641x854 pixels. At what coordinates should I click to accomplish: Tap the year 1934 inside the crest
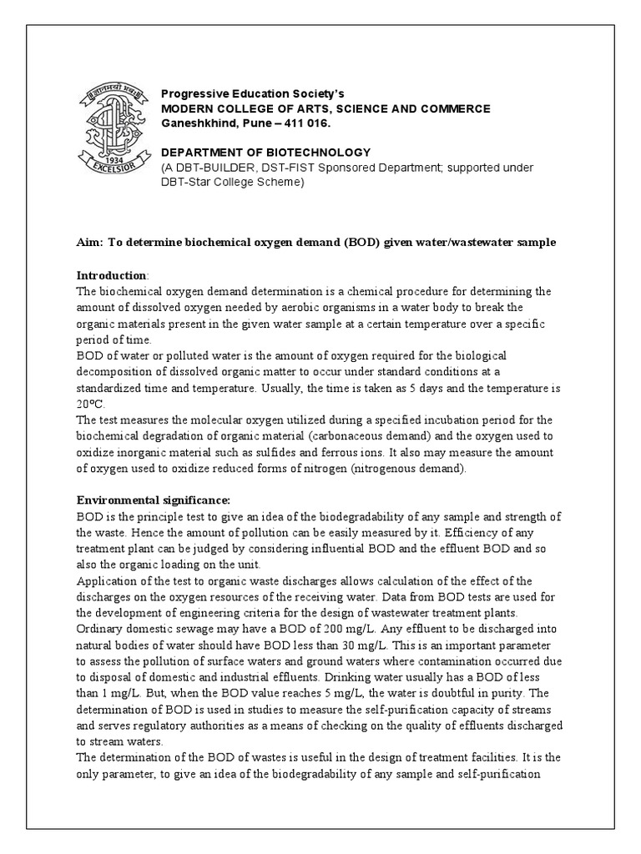110,159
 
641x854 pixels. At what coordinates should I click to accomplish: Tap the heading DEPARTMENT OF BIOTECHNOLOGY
265,152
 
